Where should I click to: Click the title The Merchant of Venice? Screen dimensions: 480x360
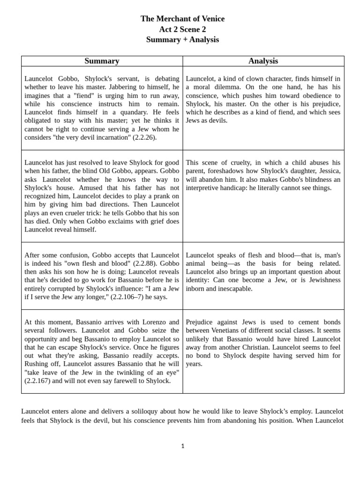182,19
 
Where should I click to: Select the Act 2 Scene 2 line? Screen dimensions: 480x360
182,29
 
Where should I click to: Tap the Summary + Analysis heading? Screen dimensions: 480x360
182,39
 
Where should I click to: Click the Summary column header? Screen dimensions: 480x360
102,61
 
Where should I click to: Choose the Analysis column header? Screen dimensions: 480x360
263,61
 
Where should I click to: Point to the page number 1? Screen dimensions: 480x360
183,446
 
